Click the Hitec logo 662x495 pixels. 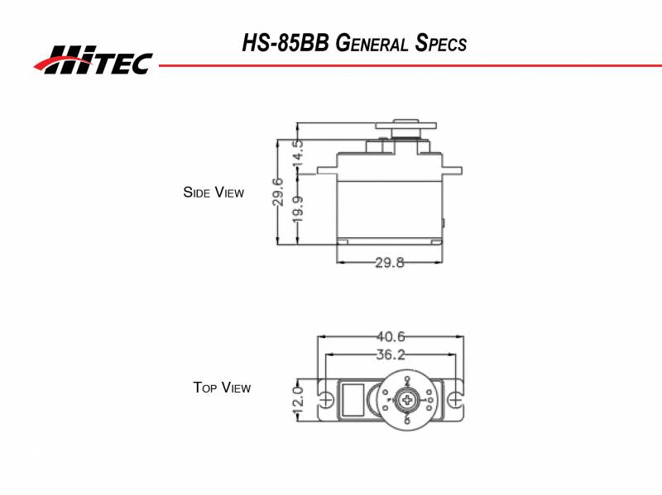[93, 60]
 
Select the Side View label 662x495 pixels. [213, 193]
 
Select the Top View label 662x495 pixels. [222, 387]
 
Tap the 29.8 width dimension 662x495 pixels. [390, 263]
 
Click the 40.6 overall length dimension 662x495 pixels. [390, 336]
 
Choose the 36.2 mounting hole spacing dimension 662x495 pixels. [390, 355]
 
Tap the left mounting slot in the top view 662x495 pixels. [327, 400]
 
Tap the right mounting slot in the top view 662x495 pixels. [455, 400]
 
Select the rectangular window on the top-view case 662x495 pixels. [353, 400]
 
